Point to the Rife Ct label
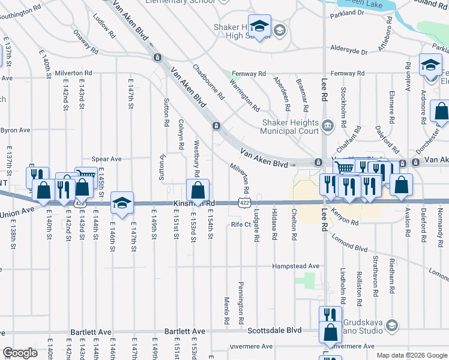click(x=241, y=224)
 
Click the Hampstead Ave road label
click(x=296, y=266)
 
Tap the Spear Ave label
click(x=107, y=159)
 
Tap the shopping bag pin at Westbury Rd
click(x=198, y=191)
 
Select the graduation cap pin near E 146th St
click(x=122, y=203)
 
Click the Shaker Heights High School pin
click(x=259, y=26)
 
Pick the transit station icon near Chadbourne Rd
click(x=215, y=125)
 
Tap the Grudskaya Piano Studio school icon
click(x=391, y=325)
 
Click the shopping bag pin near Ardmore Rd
click(x=441, y=112)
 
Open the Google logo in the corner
click(x=20, y=353)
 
